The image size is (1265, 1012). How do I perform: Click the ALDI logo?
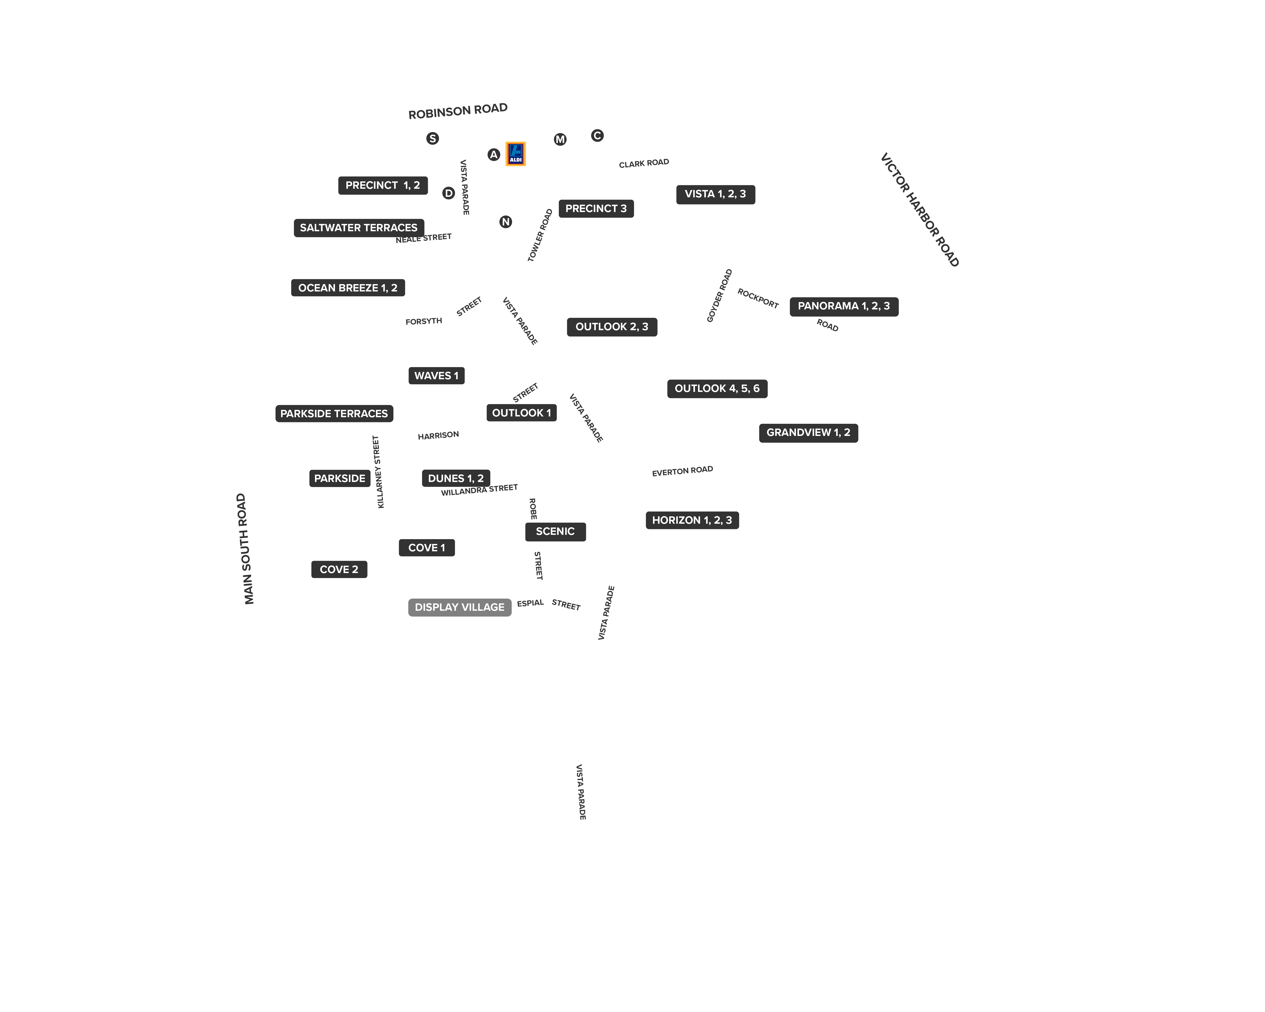pos(515,154)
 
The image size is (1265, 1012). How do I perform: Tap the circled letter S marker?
pos(432,138)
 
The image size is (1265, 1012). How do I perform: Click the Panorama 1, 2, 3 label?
pos(844,306)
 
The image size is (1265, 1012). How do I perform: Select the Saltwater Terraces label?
pos(359,228)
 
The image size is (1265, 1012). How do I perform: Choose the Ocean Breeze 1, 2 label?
pos(348,287)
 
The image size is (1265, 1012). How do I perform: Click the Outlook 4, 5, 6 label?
pos(717,388)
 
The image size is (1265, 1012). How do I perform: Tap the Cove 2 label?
pos(339,569)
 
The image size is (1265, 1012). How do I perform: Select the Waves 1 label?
pos(436,375)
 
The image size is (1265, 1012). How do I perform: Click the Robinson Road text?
pos(458,111)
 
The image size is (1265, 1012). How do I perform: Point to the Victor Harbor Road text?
pos(919,209)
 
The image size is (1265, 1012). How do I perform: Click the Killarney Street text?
pos(378,472)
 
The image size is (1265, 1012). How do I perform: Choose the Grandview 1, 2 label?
pos(809,432)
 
